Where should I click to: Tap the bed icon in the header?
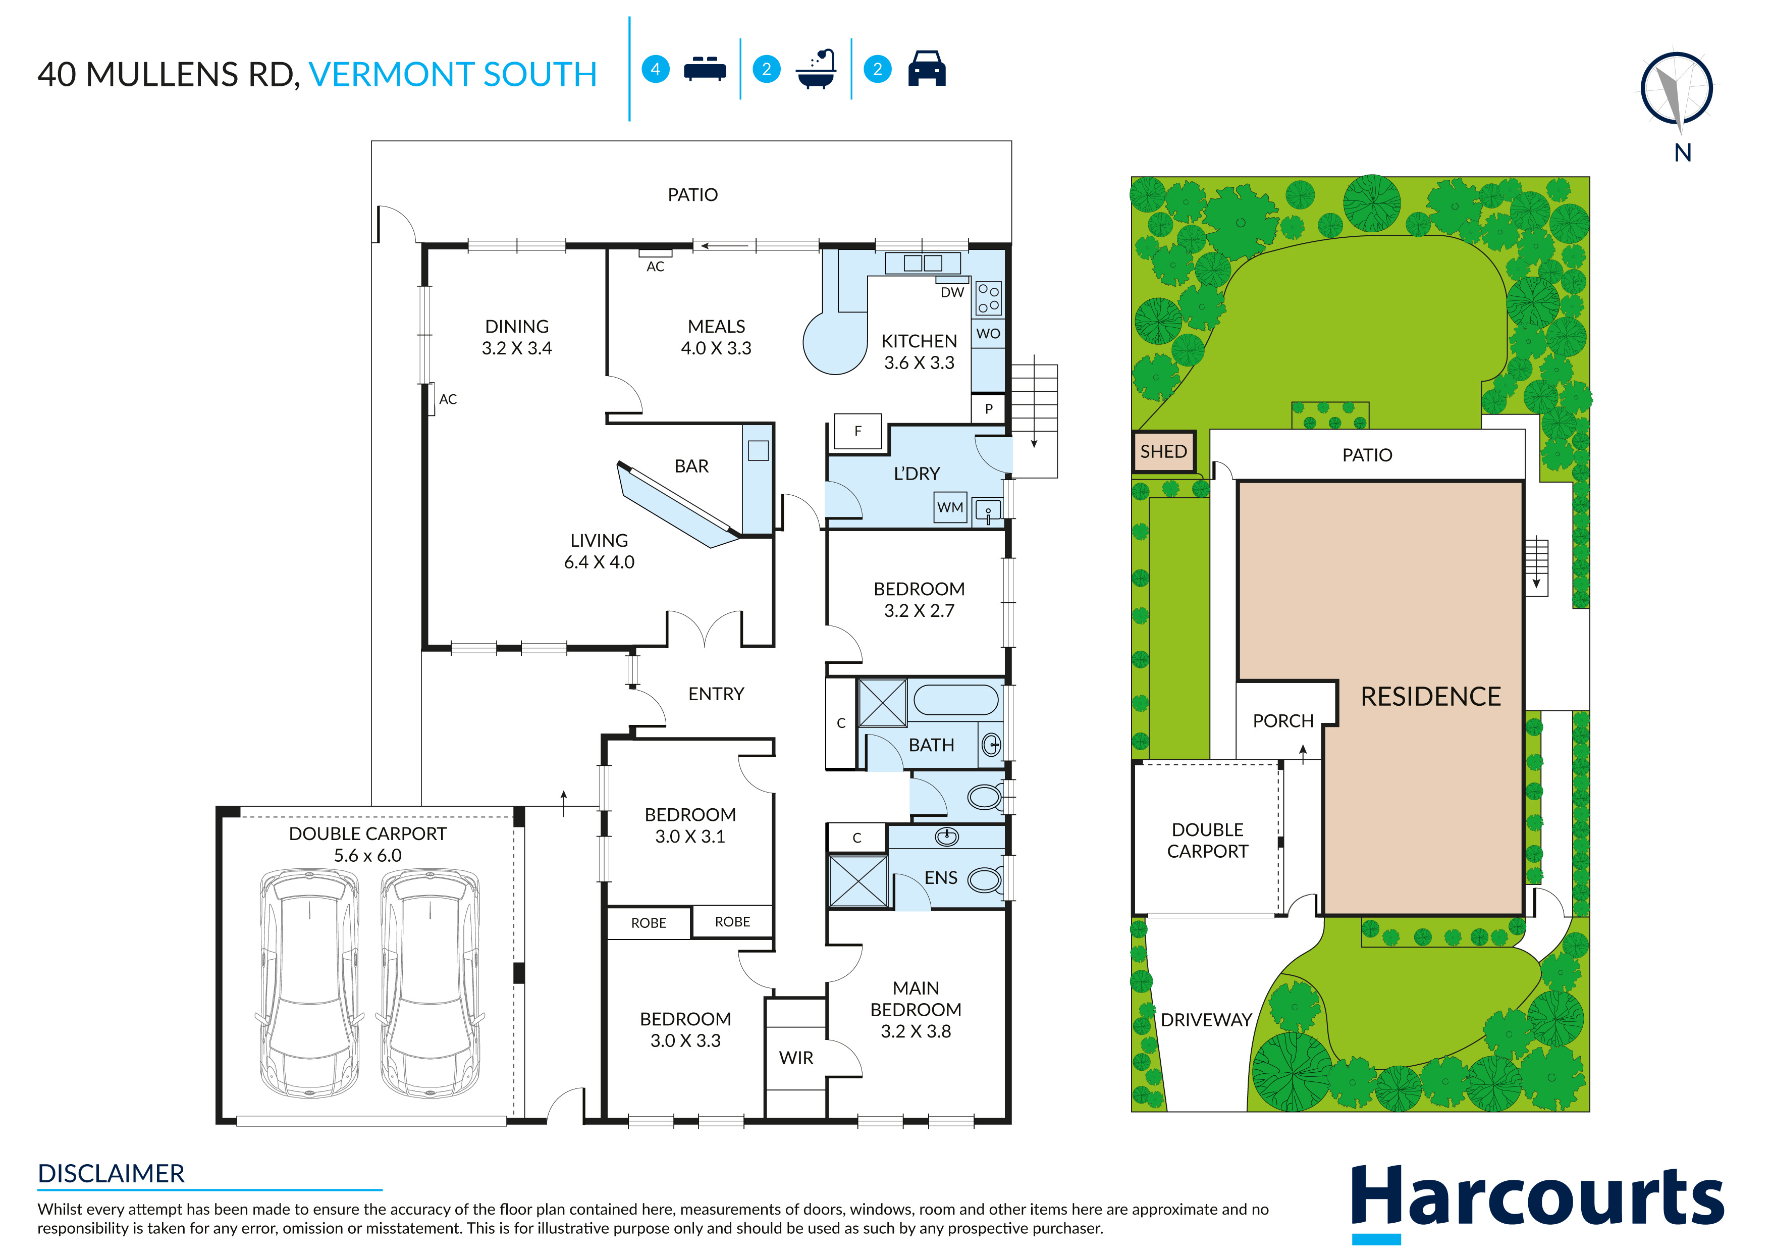(704, 69)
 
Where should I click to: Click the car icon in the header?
(927, 69)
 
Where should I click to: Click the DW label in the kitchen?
(952, 292)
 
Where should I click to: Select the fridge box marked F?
(857, 431)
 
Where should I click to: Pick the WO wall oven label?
(988, 333)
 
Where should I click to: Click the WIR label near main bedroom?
(796, 1058)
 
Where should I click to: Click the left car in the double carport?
(309, 984)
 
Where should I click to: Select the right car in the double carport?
(431, 984)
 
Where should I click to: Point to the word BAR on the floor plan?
(691, 466)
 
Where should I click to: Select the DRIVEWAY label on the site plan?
(1206, 1020)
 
